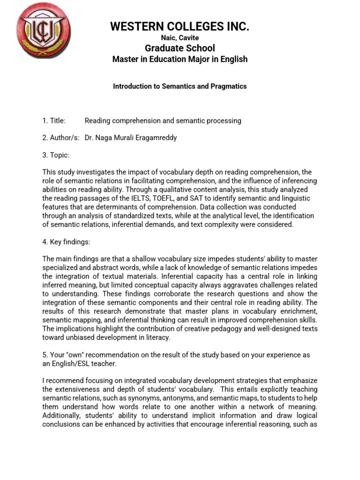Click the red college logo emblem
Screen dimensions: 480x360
(43, 30)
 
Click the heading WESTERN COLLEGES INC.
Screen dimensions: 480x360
(180, 27)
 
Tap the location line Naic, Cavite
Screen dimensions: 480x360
(180, 38)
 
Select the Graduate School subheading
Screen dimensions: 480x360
(180, 48)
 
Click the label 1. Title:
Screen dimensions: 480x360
(54, 120)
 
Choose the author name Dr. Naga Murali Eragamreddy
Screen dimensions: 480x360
(131, 138)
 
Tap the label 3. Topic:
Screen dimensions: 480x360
(56, 155)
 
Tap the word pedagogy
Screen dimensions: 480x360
(218, 329)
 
